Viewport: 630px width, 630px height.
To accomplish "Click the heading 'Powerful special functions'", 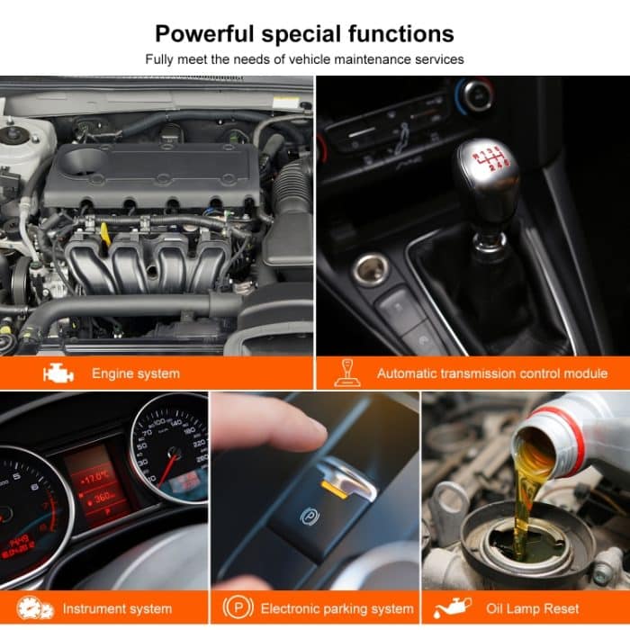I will click(304, 34).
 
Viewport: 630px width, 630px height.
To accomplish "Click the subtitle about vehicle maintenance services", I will click(304, 60).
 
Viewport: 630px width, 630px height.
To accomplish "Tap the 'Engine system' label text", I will click(135, 373).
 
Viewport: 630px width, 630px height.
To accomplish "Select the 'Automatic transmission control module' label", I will click(491, 373).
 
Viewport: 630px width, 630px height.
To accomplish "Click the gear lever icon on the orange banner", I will click(345, 372).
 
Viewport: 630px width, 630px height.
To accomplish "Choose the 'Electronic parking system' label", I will click(337, 609).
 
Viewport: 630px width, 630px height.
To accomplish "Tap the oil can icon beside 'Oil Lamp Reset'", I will click(452, 608).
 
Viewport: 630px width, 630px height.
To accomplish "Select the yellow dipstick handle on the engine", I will click(105, 236).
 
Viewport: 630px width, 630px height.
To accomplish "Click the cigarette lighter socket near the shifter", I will click(370, 269).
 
